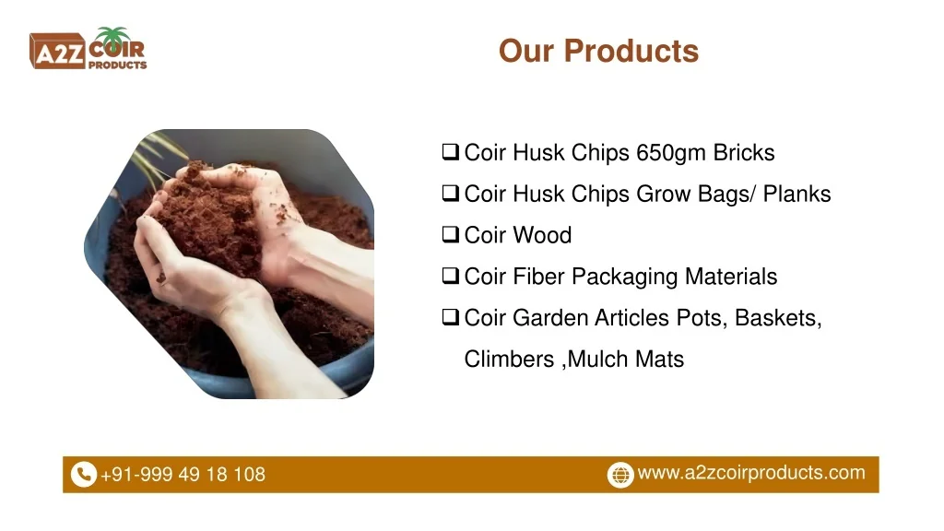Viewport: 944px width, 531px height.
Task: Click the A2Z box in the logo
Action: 57,52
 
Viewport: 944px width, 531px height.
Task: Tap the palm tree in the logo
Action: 112,36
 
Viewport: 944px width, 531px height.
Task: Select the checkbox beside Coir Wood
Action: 450,234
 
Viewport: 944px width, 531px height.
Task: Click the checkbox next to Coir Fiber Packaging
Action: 450,276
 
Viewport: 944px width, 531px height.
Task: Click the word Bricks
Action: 744,153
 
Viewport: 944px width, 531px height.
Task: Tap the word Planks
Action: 797,194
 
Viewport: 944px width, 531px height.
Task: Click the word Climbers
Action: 509,360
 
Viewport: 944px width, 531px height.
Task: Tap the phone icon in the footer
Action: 84,475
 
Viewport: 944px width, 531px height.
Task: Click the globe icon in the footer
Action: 620,475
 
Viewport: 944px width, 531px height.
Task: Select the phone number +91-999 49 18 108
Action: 183,475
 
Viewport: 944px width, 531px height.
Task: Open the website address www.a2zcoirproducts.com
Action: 751,473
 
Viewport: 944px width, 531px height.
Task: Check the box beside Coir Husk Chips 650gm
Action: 450,152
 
